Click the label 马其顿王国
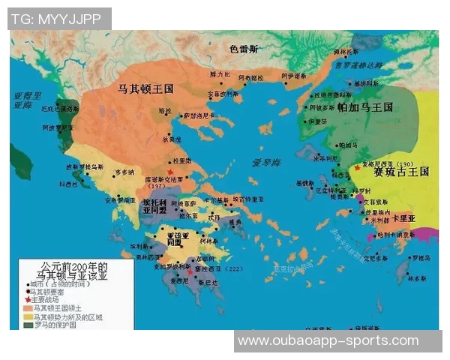click(x=146, y=88)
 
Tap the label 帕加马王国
click(x=365, y=108)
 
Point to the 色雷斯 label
click(x=244, y=49)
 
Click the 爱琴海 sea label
click(x=266, y=163)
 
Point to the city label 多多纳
click(x=126, y=172)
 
